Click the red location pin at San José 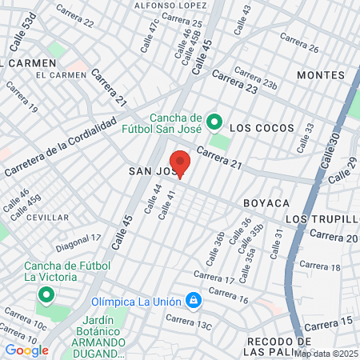[180, 163]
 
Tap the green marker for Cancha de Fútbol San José [214, 122]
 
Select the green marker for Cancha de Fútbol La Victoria [45, 296]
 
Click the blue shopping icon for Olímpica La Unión [193, 301]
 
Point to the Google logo [26, 350]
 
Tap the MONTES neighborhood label [320, 75]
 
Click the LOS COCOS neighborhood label [262, 128]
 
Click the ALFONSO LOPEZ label [166, 6]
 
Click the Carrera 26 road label [300, 48]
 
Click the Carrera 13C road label [190, 322]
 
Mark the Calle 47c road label [149, 35]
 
